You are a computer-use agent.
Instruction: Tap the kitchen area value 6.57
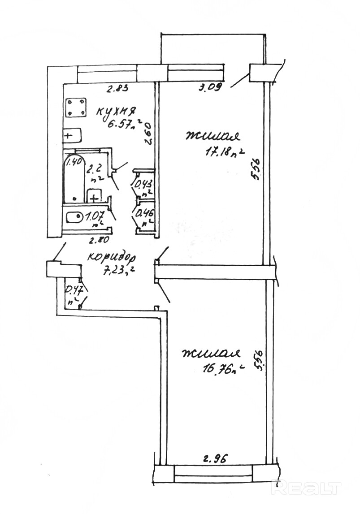(x=118, y=123)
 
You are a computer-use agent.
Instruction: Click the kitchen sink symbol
(x=71, y=134)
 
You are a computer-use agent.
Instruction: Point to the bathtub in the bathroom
(x=74, y=179)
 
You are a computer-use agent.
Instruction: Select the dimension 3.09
(x=210, y=88)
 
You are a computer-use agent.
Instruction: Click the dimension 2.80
(x=99, y=241)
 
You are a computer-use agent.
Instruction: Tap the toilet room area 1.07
(x=95, y=217)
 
